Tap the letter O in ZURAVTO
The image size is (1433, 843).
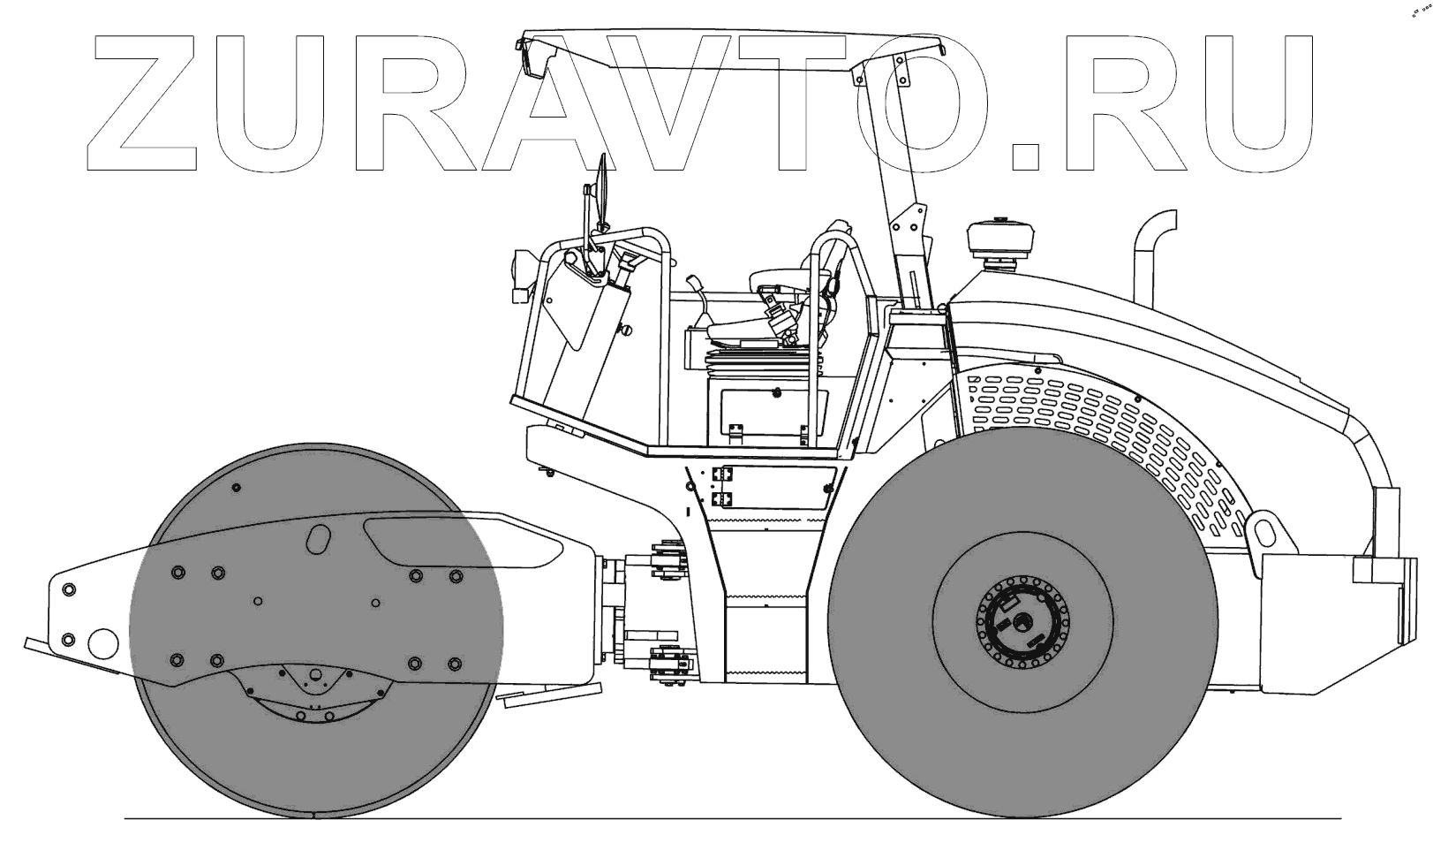point(910,103)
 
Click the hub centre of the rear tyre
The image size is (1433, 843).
point(1022,620)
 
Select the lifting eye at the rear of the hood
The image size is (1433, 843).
point(1263,534)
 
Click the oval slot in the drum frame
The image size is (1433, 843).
point(319,539)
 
